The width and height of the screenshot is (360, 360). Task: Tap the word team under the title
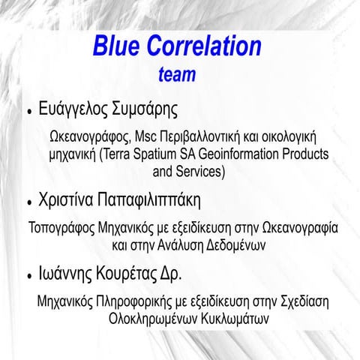click(178, 75)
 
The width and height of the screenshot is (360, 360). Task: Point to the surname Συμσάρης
click(144, 109)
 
